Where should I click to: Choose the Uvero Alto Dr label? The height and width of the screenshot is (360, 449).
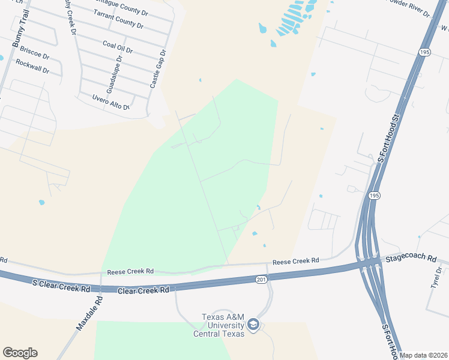(111, 102)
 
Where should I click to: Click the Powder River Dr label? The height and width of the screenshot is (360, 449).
(409, 7)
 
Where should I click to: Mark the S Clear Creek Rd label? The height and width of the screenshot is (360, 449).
(61, 288)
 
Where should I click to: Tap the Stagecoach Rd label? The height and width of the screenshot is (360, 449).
(411, 258)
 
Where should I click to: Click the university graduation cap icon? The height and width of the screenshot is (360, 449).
(253, 325)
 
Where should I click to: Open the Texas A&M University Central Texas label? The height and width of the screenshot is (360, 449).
(218, 325)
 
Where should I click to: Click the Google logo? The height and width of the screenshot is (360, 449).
(20, 353)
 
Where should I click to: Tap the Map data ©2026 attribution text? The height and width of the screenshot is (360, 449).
(423, 355)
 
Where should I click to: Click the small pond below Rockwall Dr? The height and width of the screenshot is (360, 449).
(41, 202)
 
